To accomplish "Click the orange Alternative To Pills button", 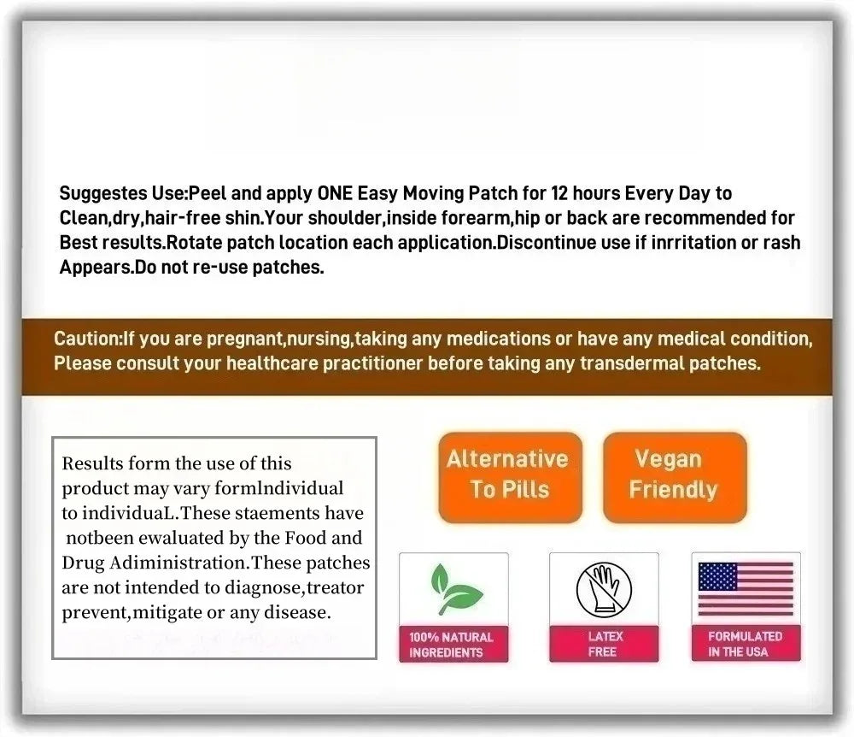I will coord(509,475).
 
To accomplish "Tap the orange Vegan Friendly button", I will coord(674,475).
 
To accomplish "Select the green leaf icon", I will coord(453,589).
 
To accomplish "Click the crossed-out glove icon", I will coord(604,589).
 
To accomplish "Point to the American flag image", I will coord(746,589).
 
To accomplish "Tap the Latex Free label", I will coord(605,644).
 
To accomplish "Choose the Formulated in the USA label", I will coord(746,644).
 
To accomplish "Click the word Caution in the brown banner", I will coord(86,339).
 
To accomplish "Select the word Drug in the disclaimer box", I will coord(81,563).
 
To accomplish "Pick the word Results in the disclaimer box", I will coord(92,464).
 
